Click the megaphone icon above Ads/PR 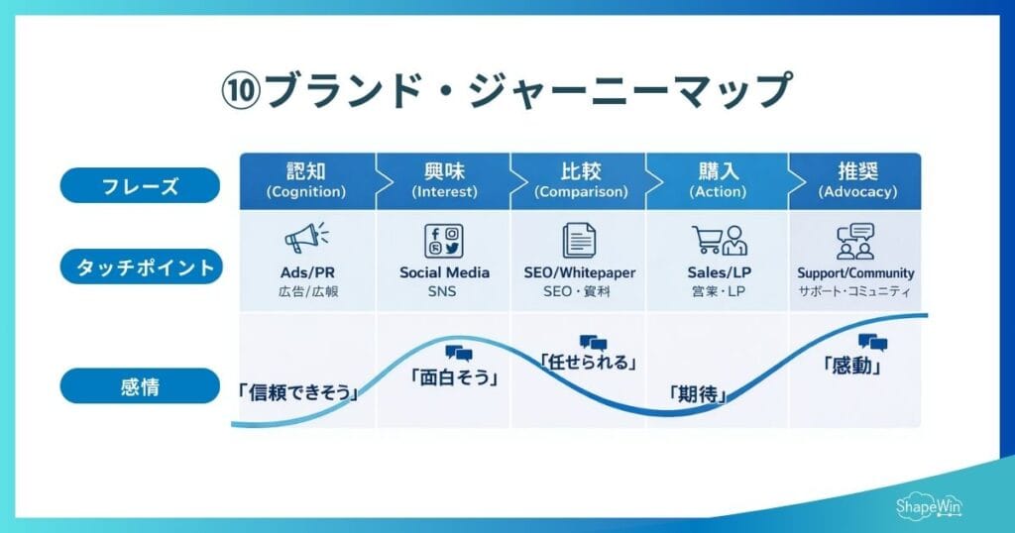[305, 240]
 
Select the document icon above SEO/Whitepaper [578, 242]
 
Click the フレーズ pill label [140, 185]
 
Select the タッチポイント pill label [140, 266]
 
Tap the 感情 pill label [140, 386]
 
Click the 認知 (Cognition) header [305, 180]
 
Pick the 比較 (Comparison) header [580, 180]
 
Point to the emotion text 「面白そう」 [453, 376]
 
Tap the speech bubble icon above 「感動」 [872, 343]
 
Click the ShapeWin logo [929, 505]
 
